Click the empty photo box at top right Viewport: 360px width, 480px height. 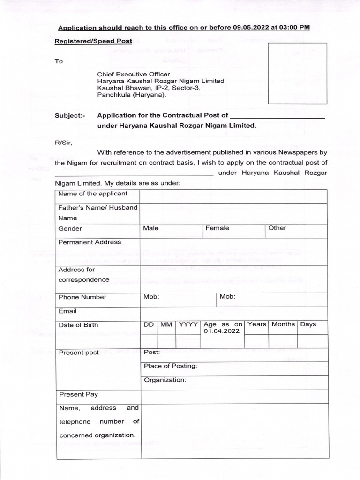click(297, 73)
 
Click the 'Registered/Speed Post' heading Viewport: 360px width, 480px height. click(93, 41)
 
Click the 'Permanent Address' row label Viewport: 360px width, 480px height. click(90, 242)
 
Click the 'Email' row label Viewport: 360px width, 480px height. click(67, 311)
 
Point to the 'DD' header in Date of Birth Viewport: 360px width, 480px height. click(149, 324)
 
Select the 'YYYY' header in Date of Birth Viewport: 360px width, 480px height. click(188, 324)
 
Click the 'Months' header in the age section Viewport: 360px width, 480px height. click(283, 324)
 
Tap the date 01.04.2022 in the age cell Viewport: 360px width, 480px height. click(222, 331)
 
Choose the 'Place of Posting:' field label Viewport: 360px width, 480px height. click(170, 366)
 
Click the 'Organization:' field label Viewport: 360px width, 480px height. click(165, 380)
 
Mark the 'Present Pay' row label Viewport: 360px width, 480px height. click(78, 395)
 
